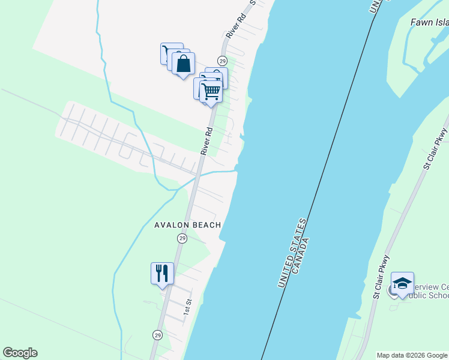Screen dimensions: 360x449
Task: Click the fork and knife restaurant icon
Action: pos(162,274)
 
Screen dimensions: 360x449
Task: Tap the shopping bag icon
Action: pos(184,63)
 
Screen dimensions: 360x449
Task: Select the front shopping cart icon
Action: pos(211,92)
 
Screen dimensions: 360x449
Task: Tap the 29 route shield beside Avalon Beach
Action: pos(182,239)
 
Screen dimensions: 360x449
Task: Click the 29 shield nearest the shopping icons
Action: pos(222,61)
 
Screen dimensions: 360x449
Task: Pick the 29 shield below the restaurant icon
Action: pos(157,335)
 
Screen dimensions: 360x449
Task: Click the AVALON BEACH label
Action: pos(188,225)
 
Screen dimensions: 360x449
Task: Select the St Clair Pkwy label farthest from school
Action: pos(435,147)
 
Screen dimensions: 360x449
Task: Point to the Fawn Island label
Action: pos(429,23)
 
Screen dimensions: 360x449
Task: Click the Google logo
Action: pos(20,353)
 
